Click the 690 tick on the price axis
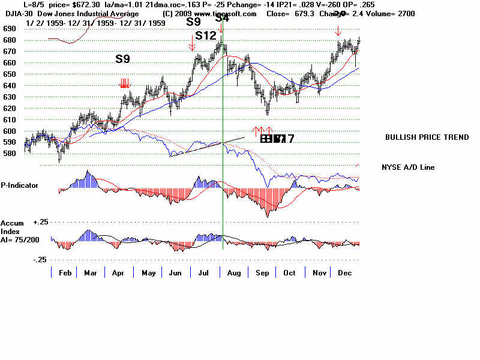coord(9,28)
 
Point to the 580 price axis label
coord(9,154)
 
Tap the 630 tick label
coord(9,97)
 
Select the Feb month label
coord(66,272)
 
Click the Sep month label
coord(262,272)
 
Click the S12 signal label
coord(206,35)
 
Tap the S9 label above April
coord(122,59)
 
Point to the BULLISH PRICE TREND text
coord(427,137)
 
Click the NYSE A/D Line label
coord(408,167)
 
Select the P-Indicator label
coord(19,185)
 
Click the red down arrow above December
coord(338,31)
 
